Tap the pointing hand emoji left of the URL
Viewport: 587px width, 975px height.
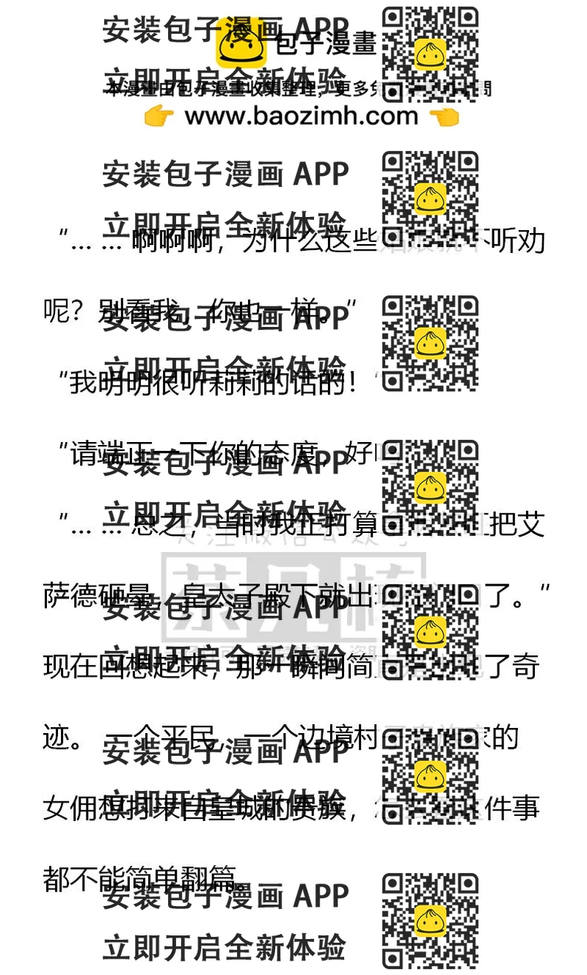point(158,116)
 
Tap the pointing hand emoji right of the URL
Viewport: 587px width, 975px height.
point(444,116)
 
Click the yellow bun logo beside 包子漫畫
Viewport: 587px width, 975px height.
point(241,45)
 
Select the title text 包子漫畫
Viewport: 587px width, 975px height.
point(326,45)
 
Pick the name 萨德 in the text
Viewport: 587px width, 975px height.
point(73,595)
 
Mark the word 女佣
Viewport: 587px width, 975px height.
point(73,809)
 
